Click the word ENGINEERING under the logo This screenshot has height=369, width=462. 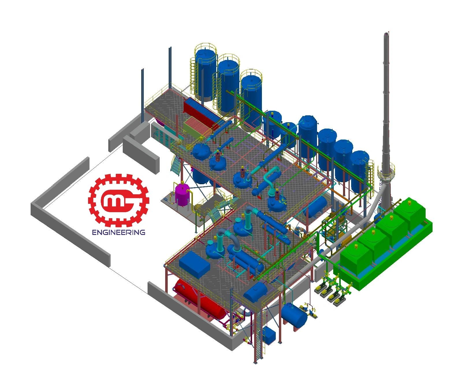[118, 232]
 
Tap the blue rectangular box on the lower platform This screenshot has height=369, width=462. [194, 265]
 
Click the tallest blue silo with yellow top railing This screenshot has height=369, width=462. [206, 74]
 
